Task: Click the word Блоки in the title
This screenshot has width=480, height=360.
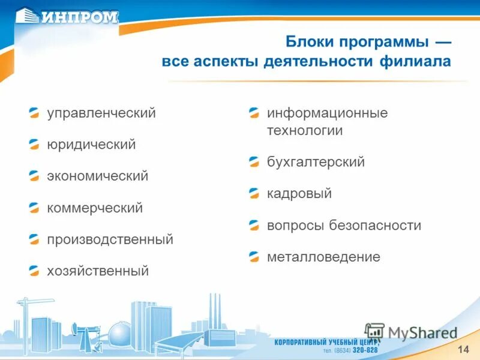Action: pyautogui.click(x=311, y=43)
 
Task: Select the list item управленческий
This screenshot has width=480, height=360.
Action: pyautogui.click(x=101, y=113)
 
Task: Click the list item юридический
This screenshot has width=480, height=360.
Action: pyautogui.click(x=91, y=145)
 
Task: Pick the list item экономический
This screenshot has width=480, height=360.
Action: pyautogui.click(x=98, y=176)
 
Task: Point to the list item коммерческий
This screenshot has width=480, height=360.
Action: pyautogui.click(x=95, y=208)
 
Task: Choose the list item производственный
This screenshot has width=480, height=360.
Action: pyautogui.click(x=110, y=240)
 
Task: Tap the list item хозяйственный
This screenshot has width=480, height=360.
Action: pyautogui.click(x=98, y=271)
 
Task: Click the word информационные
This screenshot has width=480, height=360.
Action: pyautogui.click(x=327, y=113)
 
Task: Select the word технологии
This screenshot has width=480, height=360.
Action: pyautogui.click(x=305, y=130)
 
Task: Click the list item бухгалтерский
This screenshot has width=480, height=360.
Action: pyautogui.click(x=316, y=162)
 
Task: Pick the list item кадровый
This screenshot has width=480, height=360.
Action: pyautogui.click(x=299, y=194)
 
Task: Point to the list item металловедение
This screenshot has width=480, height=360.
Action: pyautogui.click(x=323, y=257)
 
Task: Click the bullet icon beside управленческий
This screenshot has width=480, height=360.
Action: pyautogui.click(x=35, y=113)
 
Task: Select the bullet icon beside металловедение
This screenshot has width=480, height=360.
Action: pyautogui.click(x=254, y=257)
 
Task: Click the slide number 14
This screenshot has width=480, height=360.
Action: pyautogui.click(x=463, y=350)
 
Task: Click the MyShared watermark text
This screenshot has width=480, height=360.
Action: pyautogui.click(x=422, y=333)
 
